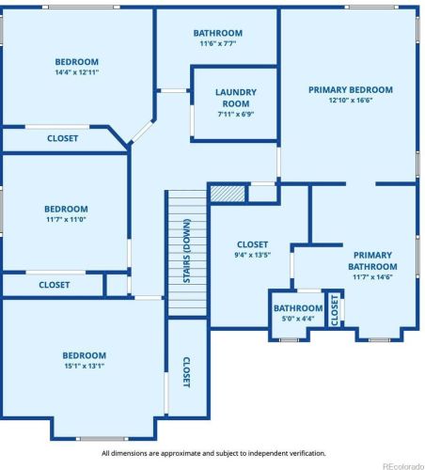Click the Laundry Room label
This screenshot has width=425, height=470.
coord(236,98)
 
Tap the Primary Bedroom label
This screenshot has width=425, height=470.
coord(351,90)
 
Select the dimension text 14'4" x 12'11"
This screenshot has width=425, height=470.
coord(77,72)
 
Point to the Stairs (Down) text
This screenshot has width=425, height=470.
coord(186,251)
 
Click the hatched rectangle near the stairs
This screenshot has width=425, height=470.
coord(228,194)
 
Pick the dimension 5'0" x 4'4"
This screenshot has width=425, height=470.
coord(298,319)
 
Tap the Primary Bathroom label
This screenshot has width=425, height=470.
coord(372,260)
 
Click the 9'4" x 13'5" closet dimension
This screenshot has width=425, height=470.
coord(252,255)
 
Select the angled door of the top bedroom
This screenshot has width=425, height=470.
coord(142,132)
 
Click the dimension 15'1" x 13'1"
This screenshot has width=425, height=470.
coord(85,366)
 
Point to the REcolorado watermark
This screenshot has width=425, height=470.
coord(403,466)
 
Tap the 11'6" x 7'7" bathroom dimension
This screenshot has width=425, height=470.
coord(218,43)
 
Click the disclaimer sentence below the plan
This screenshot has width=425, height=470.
coord(213,453)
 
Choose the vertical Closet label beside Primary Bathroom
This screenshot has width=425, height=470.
coord(335,310)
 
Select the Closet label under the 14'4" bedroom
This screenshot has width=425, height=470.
coord(62,138)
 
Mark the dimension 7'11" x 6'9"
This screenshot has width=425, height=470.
coord(236,114)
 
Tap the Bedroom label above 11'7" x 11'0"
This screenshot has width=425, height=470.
coord(66,209)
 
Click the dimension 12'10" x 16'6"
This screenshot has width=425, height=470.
coord(351,101)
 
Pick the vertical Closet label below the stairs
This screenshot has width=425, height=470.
coord(186,372)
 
